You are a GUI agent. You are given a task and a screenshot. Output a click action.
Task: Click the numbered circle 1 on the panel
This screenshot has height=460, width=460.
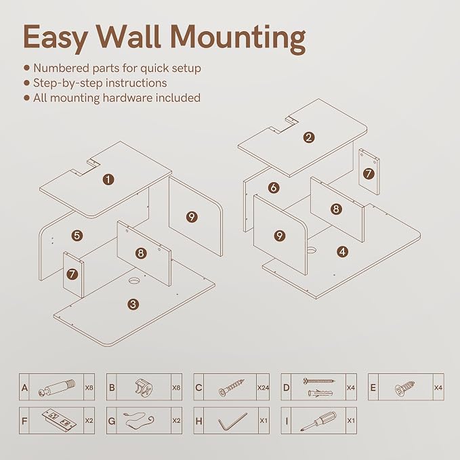108,180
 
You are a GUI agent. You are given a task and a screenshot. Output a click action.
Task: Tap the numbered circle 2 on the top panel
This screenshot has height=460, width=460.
309,138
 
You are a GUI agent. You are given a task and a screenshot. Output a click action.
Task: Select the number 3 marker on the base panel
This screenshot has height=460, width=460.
133,304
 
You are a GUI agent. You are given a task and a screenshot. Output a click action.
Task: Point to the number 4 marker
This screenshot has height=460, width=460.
342,252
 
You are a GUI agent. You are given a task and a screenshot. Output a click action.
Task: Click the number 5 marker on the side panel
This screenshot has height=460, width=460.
77,235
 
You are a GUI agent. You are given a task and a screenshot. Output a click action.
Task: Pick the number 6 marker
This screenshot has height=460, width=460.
274,188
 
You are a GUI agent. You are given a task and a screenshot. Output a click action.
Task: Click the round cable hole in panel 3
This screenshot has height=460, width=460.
135,280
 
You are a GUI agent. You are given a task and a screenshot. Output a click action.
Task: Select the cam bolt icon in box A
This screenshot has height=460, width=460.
57,388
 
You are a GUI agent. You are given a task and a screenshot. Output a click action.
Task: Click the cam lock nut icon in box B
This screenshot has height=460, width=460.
144,388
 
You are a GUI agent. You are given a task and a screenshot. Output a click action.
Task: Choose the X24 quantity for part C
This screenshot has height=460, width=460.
263,388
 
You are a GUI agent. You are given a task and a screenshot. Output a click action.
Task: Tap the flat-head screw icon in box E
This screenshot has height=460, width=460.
404,388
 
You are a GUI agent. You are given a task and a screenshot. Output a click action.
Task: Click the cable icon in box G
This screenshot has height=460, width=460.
139,421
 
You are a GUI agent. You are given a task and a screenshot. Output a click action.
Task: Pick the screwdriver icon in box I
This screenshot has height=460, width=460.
318,421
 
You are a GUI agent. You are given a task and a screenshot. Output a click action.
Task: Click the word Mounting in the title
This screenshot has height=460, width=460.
238,39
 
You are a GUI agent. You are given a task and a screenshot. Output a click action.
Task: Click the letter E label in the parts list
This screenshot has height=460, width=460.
373,388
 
